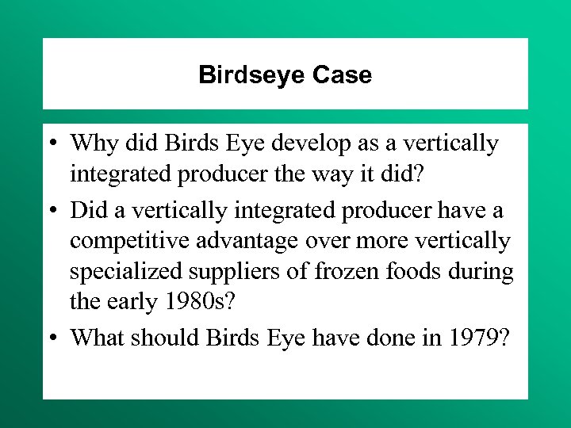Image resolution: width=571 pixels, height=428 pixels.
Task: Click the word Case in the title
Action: (x=342, y=75)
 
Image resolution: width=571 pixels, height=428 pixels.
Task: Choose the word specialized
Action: (x=126, y=272)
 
